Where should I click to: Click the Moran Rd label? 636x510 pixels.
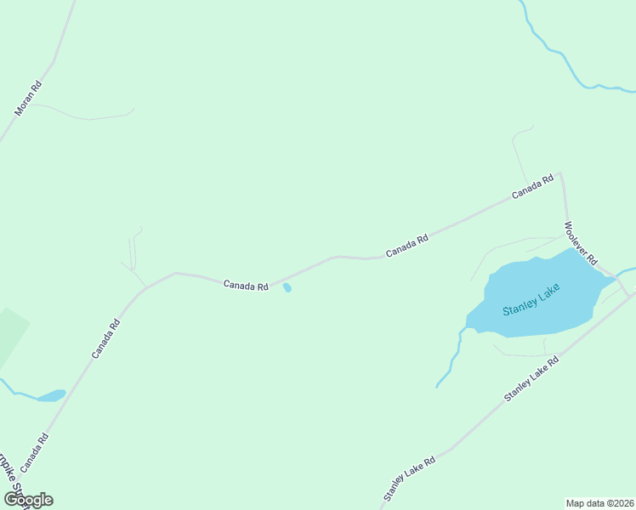28,99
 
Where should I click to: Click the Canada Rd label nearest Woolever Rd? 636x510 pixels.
533,187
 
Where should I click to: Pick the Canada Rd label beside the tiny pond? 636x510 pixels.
246,286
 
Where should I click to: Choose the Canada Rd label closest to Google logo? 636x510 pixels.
35,452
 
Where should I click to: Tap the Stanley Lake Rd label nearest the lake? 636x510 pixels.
531,379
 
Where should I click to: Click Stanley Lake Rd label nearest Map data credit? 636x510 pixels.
409,478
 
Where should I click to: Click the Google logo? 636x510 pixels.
28,500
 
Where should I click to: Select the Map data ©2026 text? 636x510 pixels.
600,503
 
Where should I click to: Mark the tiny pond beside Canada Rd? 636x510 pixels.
287,288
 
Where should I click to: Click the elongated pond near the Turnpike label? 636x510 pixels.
51,395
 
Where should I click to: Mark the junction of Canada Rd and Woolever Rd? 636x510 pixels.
560,173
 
